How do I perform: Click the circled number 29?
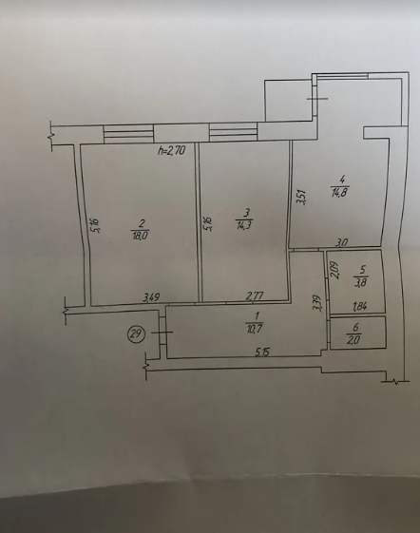pos(137,333)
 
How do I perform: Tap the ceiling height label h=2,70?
pos(172,150)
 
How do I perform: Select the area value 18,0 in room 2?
pos(140,236)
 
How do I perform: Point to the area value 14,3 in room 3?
pos(243,224)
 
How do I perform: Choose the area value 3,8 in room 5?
pos(361,282)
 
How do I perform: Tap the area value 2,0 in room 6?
pos(353,339)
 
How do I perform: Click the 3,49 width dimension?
pos(151,297)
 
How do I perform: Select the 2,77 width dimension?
pos(255,296)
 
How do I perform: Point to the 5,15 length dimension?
pos(262,352)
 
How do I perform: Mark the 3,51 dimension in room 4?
pos(302,198)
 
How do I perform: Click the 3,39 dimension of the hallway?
pos(317,303)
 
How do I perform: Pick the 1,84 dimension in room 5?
pos(360,307)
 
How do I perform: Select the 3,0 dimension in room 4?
pos(342,242)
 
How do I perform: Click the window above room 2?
pos(128,134)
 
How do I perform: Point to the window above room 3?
pos(234,132)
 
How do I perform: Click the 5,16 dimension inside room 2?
pos(96,225)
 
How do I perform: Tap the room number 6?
pos(355,327)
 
